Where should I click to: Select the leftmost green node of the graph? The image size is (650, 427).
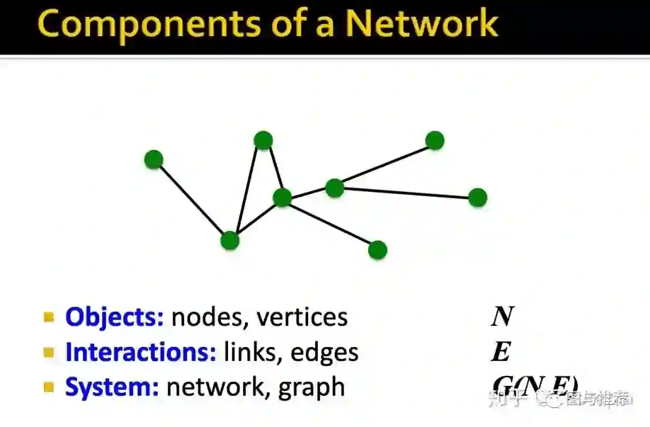(x=154, y=159)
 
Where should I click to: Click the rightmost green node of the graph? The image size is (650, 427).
(x=477, y=197)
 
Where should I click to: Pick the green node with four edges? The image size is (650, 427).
(x=282, y=197)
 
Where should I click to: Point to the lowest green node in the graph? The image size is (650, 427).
(x=377, y=250)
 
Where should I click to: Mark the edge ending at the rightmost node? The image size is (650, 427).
(x=406, y=192)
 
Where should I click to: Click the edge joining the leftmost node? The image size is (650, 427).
(x=191, y=200)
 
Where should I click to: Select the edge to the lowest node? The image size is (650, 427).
(x=330, y=224)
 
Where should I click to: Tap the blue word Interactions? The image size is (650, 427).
(x=141, y=352)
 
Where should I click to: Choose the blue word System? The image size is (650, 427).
(x=112, y=387)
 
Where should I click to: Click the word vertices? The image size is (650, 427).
(x=302, y=317)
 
